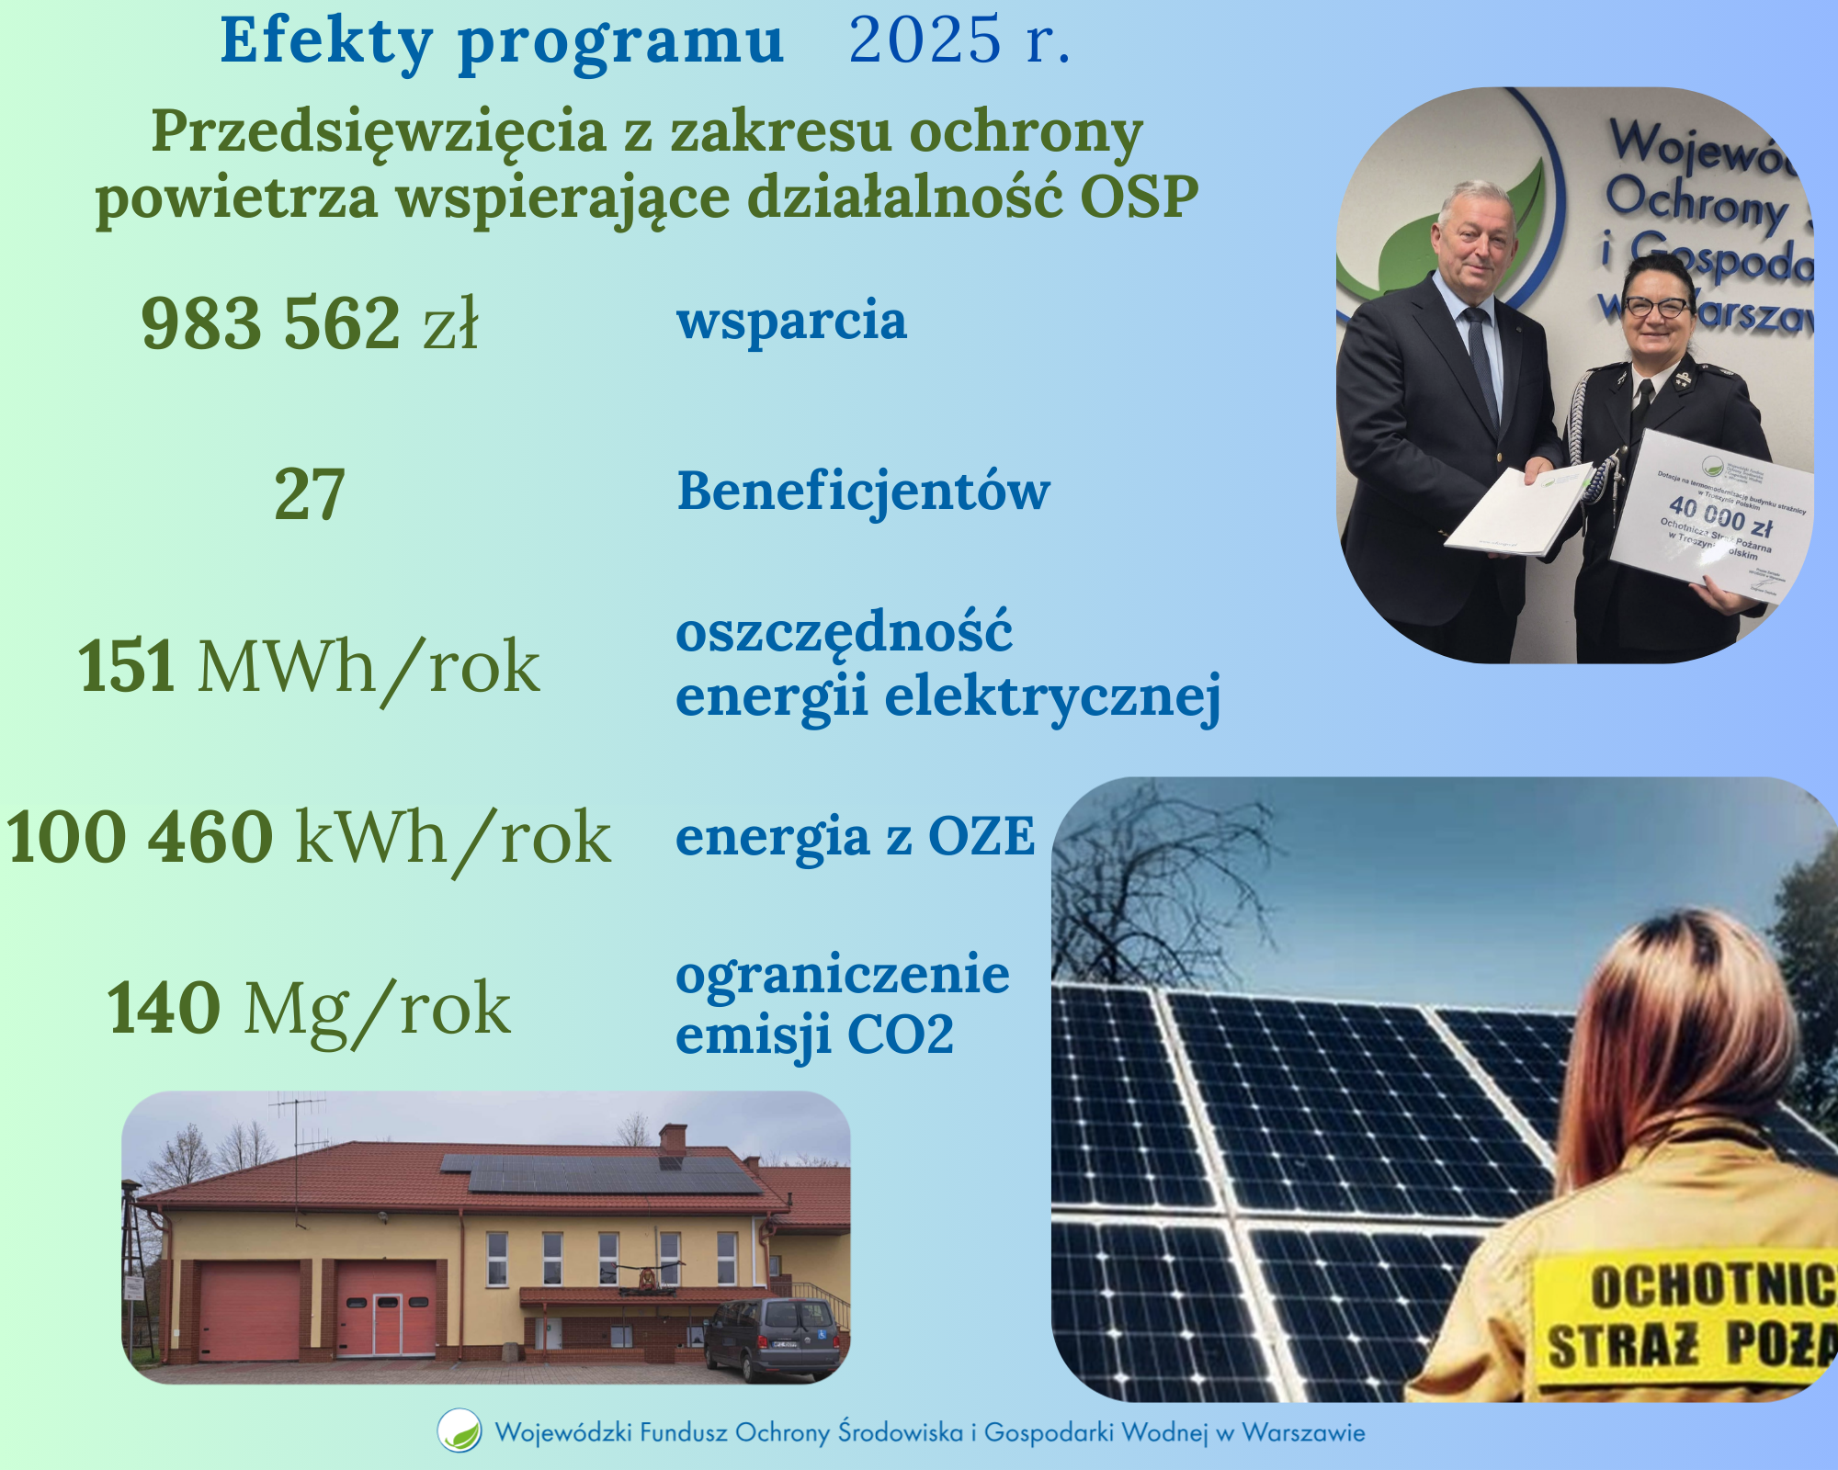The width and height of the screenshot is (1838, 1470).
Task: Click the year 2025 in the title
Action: click(x=924, y=40)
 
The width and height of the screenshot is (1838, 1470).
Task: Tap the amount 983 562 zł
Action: click(x=310, y=323)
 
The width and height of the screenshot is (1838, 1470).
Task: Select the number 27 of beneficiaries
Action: click(x=310, y=494)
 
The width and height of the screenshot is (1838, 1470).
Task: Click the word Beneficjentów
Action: click(x=863, y=491)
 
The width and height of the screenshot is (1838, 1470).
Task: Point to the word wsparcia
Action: click(x=791, y=321)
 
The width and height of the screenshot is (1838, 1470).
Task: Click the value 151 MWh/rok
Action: click(x=310, y=666)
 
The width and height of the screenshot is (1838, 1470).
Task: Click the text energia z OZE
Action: click(x=855, y=837)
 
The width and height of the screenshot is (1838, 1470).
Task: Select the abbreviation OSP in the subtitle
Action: click(x=1139, y=197)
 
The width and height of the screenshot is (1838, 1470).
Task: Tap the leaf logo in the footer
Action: click(x=459, y=1430)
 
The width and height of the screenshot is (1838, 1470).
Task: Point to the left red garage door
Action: click(x=249, y=1310)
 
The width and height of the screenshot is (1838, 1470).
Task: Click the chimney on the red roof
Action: click(x=674, y=1137)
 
